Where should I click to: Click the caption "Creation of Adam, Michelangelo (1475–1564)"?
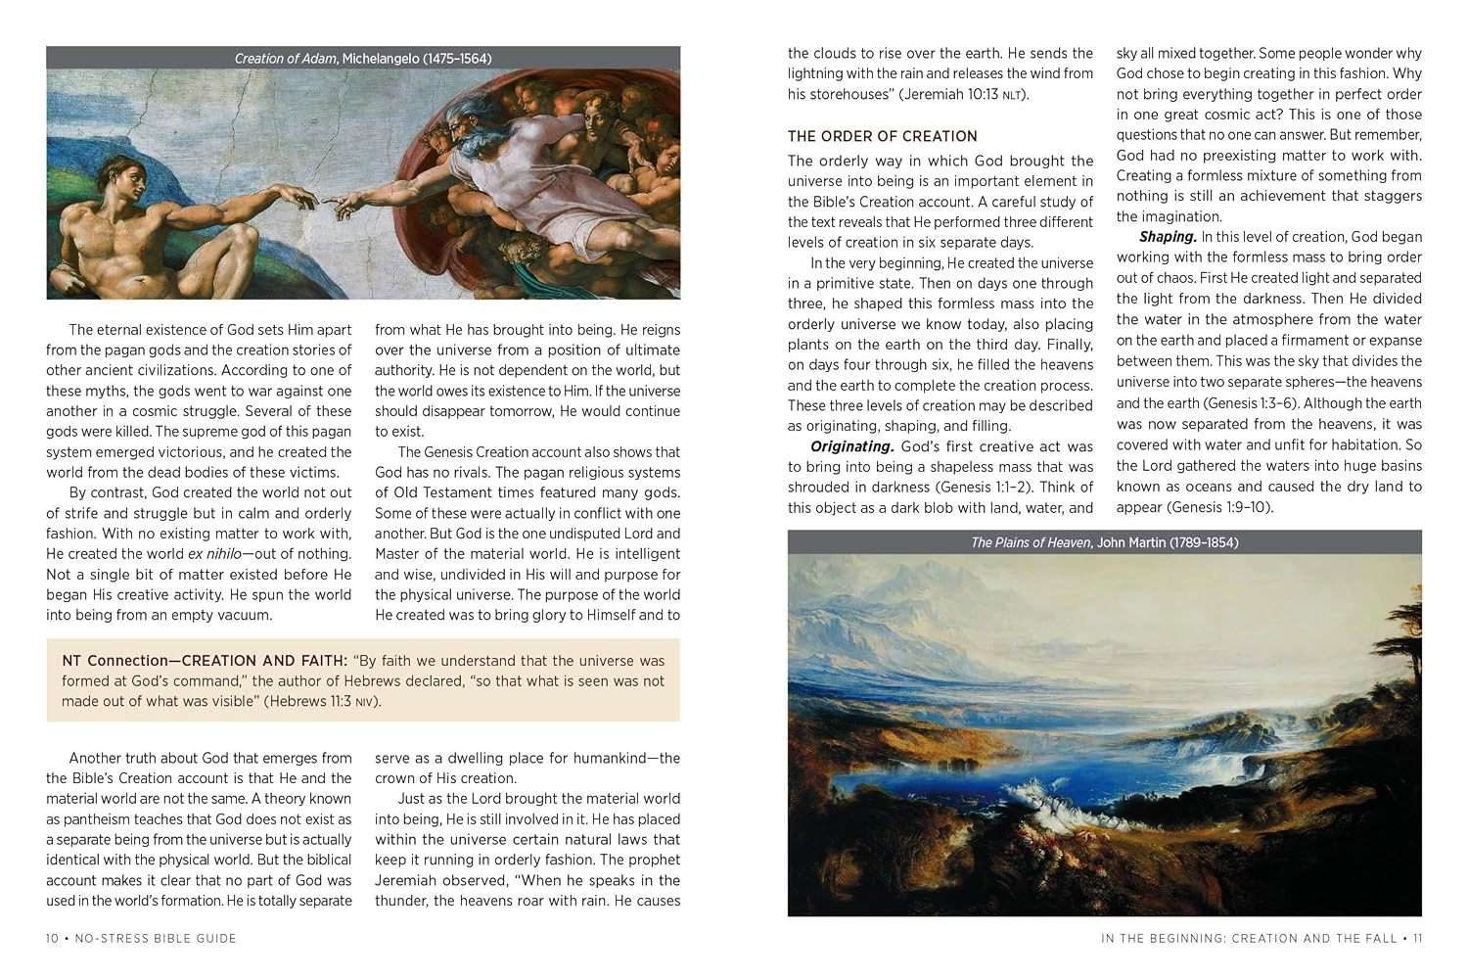363,59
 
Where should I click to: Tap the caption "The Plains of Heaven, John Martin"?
1104,542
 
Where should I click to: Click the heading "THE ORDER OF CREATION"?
882,136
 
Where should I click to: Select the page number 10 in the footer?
52,938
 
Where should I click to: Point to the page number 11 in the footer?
1416,938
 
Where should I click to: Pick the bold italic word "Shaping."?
1168,237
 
